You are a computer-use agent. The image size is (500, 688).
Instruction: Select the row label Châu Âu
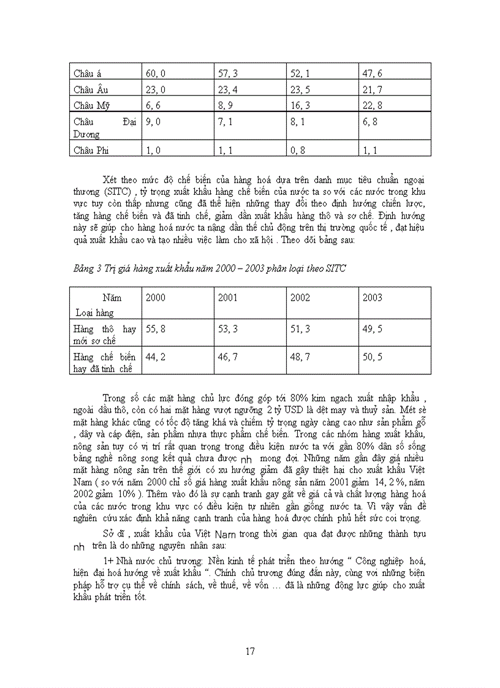86,89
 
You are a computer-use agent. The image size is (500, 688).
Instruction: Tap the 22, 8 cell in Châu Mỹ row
372,105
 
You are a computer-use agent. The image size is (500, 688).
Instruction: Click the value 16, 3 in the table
300,105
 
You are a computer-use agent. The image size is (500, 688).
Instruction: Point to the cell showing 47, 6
372,74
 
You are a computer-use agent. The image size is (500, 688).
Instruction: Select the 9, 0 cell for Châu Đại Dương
155,121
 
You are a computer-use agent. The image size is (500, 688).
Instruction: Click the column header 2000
155,298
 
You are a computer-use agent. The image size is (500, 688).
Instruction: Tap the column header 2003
372,298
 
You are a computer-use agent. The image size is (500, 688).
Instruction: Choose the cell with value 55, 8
156,329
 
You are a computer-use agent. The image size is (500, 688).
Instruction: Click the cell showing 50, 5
372,357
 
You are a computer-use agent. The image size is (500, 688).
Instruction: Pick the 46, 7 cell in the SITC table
228,357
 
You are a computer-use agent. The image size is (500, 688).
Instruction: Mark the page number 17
250,651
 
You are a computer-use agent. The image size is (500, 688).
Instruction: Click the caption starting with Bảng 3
207,268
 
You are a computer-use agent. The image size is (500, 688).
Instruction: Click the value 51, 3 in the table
300,329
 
